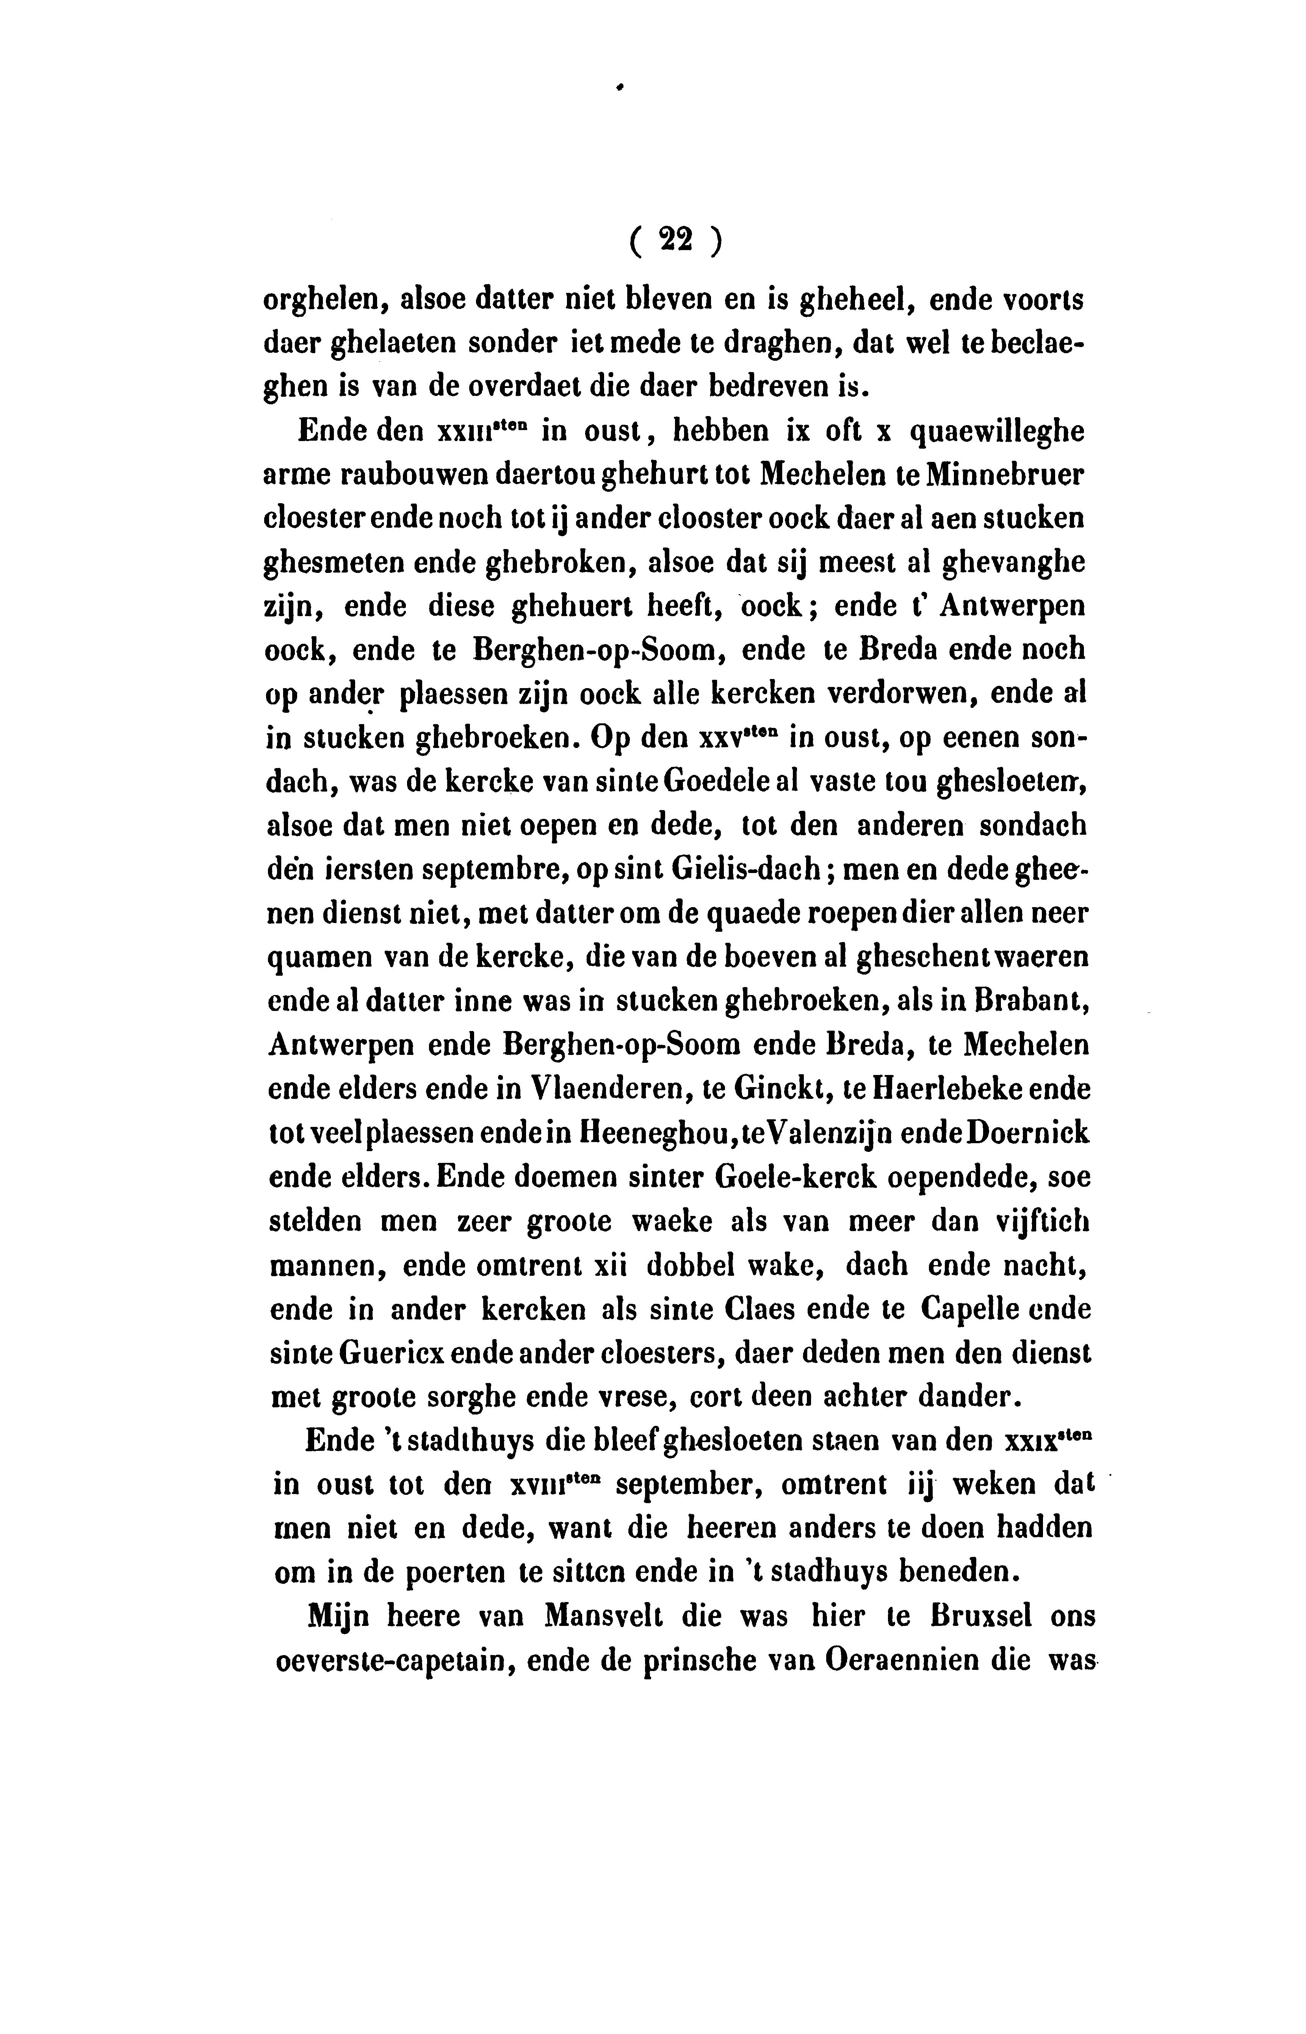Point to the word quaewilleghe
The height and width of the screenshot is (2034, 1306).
point(996,432)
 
